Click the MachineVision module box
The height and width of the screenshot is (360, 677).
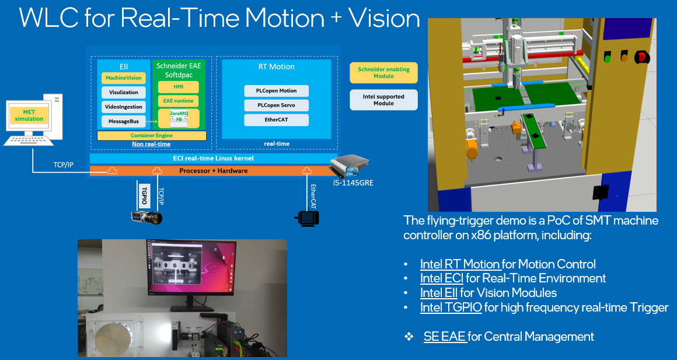[x=124, y=78]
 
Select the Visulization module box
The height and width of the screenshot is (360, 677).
[x=124, y=92]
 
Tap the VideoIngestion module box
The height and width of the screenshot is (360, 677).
[x=124, y=107]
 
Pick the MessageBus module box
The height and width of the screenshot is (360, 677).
[x=124, y=121]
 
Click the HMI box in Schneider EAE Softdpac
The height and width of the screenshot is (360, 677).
[x=179, y=87]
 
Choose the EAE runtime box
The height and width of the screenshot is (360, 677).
[x=179, y=101]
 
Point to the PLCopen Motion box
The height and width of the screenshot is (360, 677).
[x=276, y=91]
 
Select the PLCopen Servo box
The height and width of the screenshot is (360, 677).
[x=276, y=106]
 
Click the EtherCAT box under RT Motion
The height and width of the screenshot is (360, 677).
[x=276, y=120]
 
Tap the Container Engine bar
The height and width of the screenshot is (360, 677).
[x=151, y=135]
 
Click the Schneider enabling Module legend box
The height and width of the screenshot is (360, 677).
[x=383, y=73]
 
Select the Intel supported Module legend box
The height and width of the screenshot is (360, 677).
[x=383, y=100]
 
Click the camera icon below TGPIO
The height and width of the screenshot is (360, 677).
[x=146, y=218]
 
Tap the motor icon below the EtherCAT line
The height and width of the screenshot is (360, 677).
[x=308, y=218]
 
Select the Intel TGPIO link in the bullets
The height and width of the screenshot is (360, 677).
[x=451, y=307]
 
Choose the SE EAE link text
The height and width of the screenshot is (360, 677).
[x=445, y=337]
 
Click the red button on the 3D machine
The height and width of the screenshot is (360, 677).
[x=641, y=57]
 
